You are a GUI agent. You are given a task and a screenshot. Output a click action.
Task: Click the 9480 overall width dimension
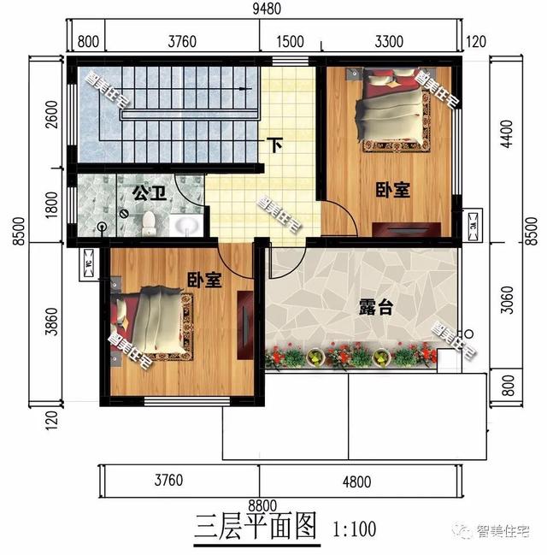point(273,11)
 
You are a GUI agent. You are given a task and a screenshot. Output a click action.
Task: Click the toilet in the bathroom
point(150,223)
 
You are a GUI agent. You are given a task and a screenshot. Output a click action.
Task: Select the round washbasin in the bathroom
point(185,226)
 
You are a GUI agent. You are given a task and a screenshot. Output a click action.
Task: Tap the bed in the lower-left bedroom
point(155,324)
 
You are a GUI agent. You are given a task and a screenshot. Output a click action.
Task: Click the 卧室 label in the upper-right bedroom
point(391,190)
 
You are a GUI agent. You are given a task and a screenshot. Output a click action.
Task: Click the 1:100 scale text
point(351,528)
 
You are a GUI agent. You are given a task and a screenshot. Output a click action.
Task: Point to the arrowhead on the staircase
point(247,88)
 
